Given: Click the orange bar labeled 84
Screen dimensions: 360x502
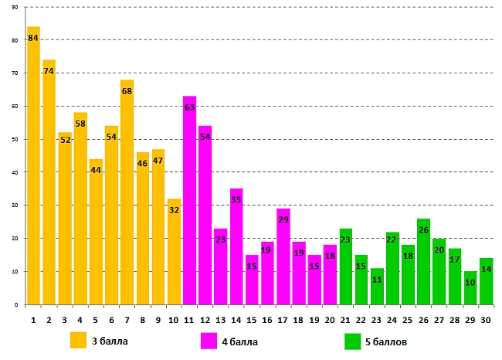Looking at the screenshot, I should [33, 170].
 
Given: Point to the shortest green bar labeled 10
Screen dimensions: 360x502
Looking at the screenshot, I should [470, 290].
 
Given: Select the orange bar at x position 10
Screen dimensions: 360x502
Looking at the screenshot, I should [174, 255].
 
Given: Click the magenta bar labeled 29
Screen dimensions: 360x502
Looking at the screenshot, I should [283, 259].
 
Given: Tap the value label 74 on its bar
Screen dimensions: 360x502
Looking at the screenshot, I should [49, 71].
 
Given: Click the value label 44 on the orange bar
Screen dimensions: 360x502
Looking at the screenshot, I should [96, 170].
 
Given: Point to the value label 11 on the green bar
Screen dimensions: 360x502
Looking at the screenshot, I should [377, 280].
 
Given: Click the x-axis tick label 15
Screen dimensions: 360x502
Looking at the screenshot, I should [252, 318].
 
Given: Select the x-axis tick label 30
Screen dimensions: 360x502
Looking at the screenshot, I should [486, 318].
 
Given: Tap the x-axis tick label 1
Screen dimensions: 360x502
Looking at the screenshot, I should [33, 318].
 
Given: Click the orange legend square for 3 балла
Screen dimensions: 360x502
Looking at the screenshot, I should [78, 341].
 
